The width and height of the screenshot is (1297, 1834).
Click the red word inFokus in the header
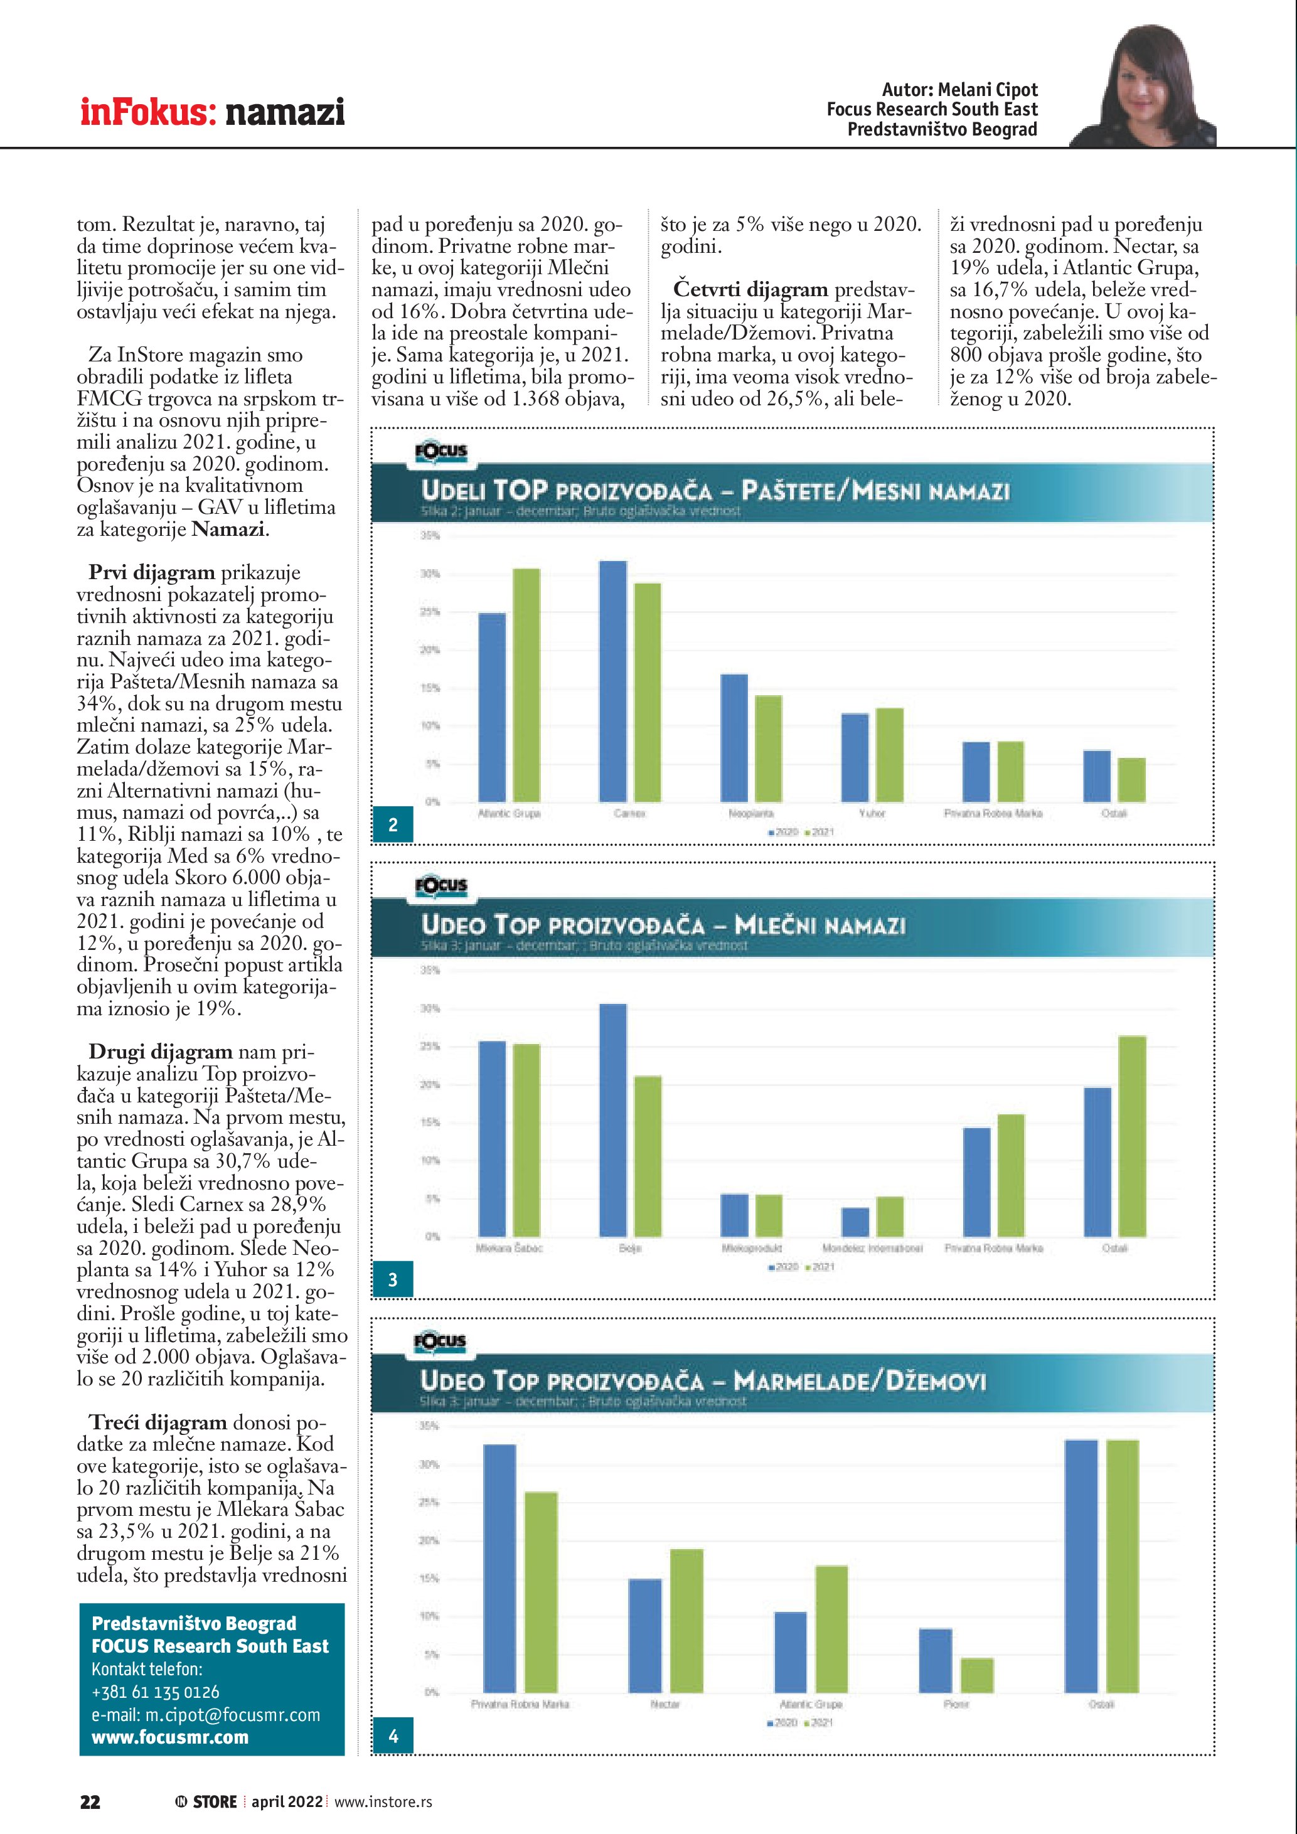(x=147, y=112)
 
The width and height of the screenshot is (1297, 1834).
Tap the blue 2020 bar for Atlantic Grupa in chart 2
(x=492, y=707)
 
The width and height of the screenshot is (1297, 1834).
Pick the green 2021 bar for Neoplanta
(x=768, y=749)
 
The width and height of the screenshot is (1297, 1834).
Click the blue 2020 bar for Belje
(x=613, y=1120)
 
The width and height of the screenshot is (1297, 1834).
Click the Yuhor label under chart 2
(x=872, y=813)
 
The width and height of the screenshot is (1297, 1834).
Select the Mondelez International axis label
(x=872, y=1248)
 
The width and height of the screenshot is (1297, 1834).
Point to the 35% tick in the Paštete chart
(x=430, y=536)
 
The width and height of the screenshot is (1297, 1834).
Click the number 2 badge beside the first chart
(x=393, y=825)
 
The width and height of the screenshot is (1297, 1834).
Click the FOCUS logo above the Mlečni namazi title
(x=441, y=885)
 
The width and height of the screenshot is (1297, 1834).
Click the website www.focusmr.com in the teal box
(x=170, y=1737)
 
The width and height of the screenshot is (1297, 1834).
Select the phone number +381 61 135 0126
(x=155, y=1692)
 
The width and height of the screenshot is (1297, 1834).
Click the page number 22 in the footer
(x=90, y=1801)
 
